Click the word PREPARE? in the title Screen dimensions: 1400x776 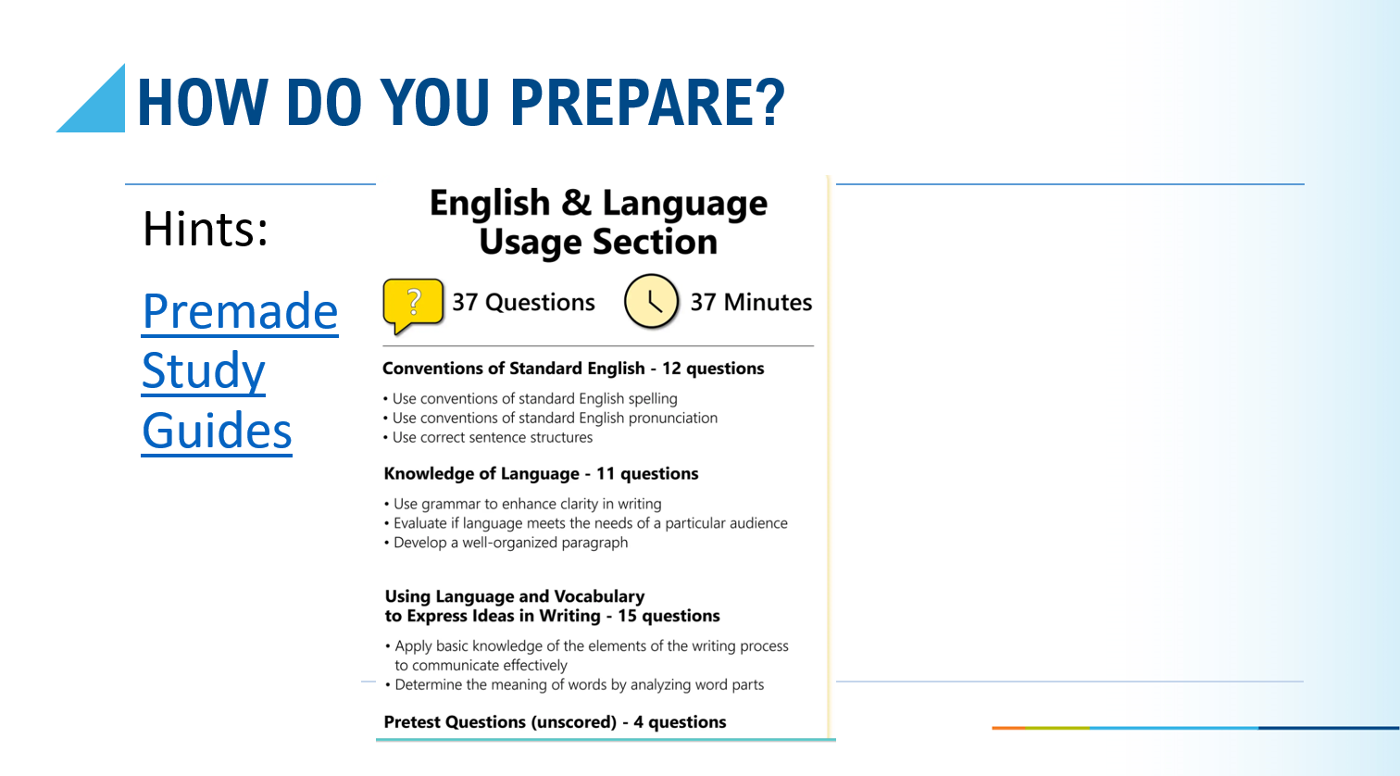647,103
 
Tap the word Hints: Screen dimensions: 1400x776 206,229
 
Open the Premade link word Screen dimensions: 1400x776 240,311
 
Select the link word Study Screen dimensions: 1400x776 204,370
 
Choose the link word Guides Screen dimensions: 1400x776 217,431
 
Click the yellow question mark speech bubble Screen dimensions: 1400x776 413,306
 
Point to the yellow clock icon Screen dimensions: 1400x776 651,301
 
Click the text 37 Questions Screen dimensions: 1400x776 523,302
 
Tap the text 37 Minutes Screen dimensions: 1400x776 751,302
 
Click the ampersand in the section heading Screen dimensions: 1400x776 576,202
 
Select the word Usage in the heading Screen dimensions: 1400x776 530,242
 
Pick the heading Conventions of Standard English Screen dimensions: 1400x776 514,369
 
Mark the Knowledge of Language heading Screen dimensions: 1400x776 481,473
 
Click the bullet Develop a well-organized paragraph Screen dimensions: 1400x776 506,542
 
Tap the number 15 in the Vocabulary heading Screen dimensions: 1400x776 627,616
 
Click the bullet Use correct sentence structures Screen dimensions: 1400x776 488,437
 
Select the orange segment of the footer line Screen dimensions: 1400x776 1008,728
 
